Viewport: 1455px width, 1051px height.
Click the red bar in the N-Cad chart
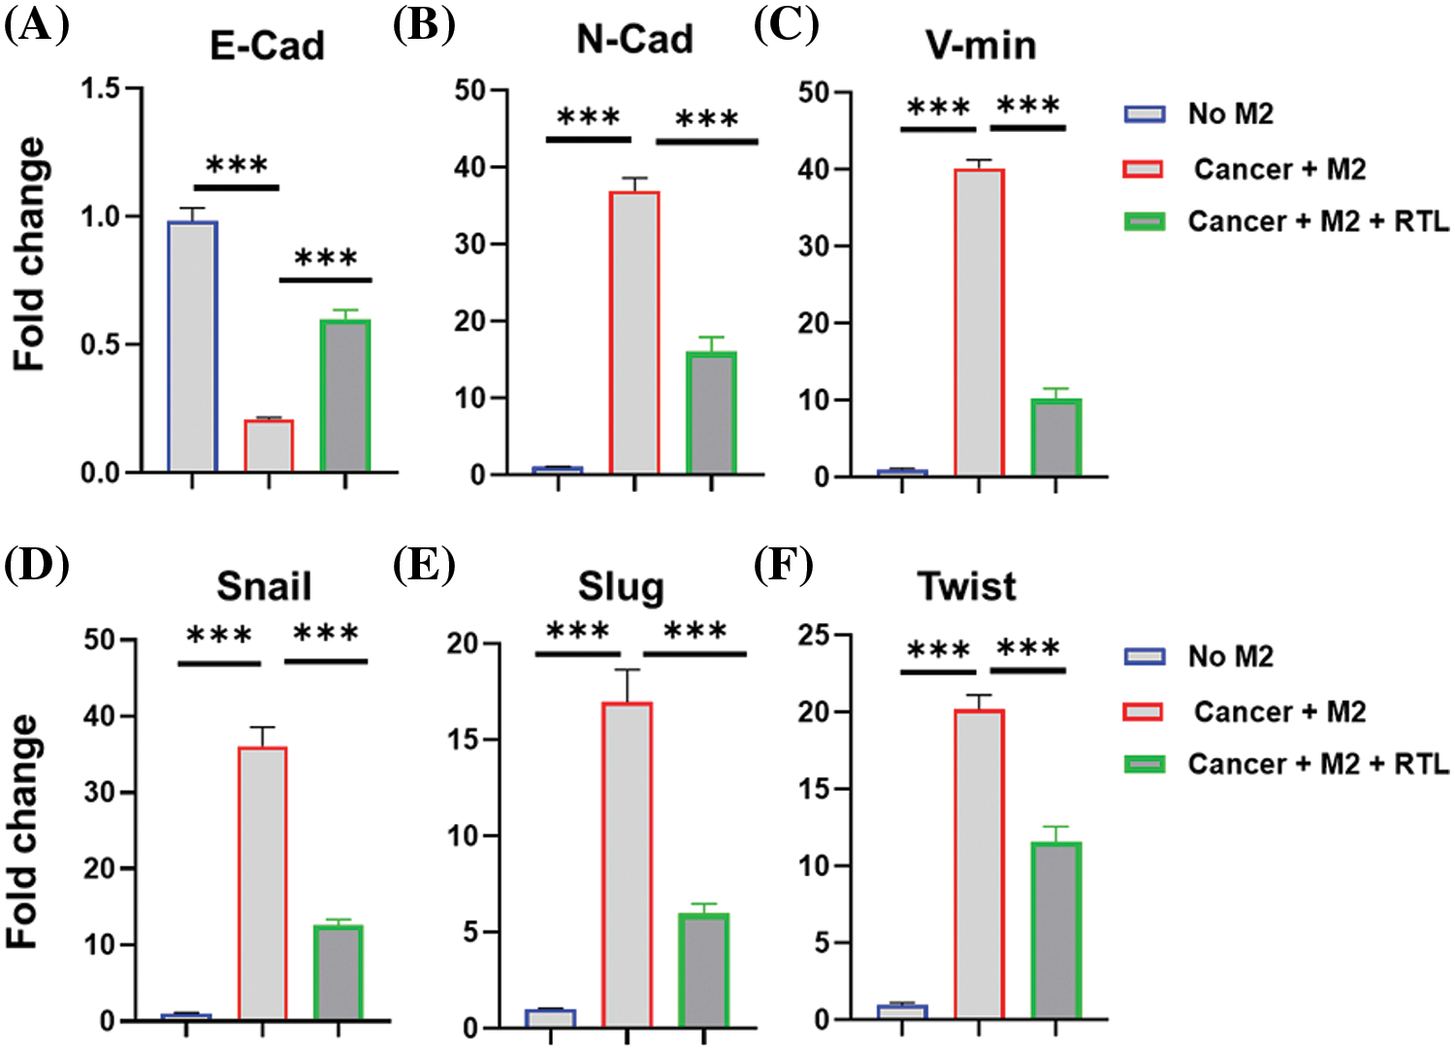click(634, 333)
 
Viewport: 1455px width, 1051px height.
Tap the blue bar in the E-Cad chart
click(192, 346)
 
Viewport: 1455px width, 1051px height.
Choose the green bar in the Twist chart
click(1055, 931)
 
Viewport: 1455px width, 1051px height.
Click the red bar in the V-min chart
click(979, 322)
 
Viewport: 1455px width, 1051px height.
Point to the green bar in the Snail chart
click(339, 972)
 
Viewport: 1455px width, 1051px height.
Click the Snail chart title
click(264, 586)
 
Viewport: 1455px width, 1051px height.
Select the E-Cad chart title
click(267, 46)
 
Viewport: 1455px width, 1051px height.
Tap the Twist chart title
click(966, 586)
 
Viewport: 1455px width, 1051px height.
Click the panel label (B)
click(424, 26)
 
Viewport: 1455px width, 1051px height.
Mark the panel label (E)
click(424, 566)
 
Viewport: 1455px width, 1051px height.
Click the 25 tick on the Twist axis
click(814, 636)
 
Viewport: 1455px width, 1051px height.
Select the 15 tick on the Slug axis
click(463, 739)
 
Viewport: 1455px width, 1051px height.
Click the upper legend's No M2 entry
click(1230, 115)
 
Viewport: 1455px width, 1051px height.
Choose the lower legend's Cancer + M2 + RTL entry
click(1317, 764)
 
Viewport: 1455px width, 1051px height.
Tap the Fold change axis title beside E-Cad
click(29, 254)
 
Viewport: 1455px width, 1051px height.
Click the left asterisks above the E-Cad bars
click(237, 166)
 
